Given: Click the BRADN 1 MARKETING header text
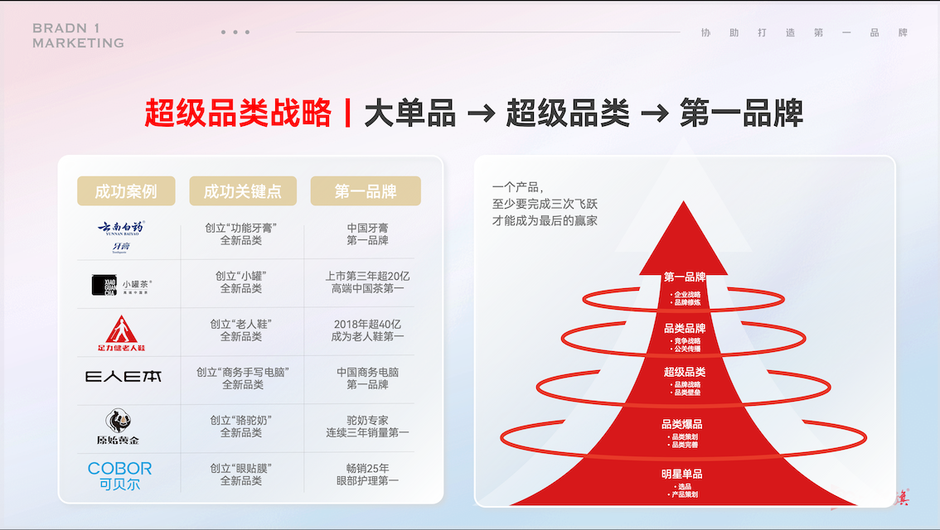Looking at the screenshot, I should point(78,36).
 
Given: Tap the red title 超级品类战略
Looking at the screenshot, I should point(238,113).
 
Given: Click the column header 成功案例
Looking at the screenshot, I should point(126,191).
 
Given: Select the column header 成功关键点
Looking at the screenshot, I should point(242,191).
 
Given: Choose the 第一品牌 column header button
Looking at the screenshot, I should point(366,191).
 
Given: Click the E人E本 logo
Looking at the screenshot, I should point(124,377).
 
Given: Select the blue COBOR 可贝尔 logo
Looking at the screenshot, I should point(120,475).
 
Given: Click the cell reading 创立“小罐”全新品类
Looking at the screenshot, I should point(241,282).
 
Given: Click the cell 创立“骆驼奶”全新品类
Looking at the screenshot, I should point(241,426).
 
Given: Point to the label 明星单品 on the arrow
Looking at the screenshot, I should point(683,474).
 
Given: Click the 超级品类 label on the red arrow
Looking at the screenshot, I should point(685,372).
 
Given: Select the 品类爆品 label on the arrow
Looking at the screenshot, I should point(683,424).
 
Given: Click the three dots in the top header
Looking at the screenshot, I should point(235,32).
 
